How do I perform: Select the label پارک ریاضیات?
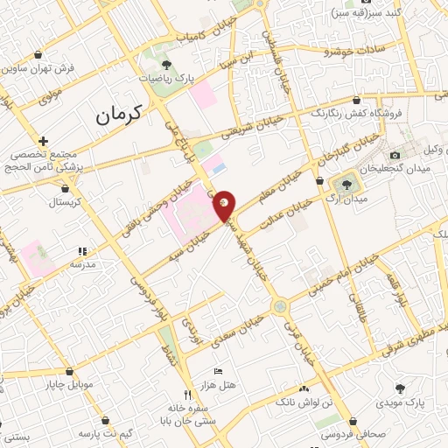tap(167, 77)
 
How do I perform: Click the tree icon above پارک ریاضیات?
tap(167, 64)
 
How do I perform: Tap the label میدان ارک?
tap(347, 199)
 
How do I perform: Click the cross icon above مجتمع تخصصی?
tap(42, 140)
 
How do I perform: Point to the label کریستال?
tap(65, 201)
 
